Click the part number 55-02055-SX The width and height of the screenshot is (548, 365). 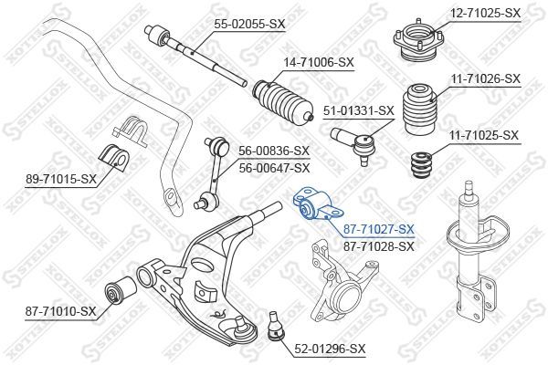[x=249, y=24]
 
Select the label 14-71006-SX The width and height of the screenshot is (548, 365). [x=319, y=63]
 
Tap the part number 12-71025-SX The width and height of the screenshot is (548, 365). [x=486, y=14]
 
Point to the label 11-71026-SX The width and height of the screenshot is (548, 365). [x=486, y=78]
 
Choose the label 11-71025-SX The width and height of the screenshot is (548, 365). [x=484, y=135]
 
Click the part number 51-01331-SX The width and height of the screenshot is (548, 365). [x=359, y=111]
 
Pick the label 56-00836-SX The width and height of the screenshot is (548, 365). [x=274, y=151]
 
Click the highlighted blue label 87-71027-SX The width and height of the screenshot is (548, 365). [x=379, y=229]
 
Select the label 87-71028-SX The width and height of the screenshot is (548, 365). [x=379, y=246]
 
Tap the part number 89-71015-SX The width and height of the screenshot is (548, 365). [x=61, y=180]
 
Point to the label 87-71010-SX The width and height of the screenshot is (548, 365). [x=60, y=311]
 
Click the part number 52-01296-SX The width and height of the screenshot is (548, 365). [x=330, y=349]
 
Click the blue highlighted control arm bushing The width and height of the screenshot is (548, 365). [x=318, y=204]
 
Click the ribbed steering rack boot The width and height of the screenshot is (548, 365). [x=282, y=103]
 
